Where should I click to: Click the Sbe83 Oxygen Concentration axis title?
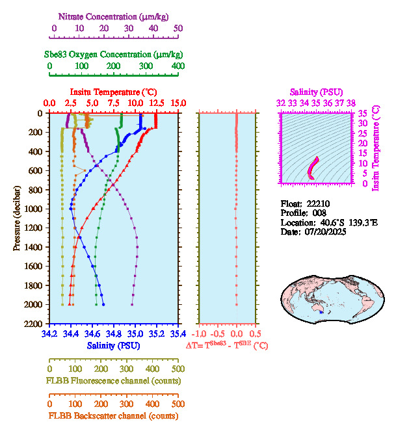[116, 54]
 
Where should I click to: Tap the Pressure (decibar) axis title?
[16, 218]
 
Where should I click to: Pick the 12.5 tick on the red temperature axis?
[157, 103]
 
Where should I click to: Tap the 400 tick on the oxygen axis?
[178, 66]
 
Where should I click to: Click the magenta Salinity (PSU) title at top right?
[315, 92]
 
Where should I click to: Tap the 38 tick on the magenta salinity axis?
[351, 103]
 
